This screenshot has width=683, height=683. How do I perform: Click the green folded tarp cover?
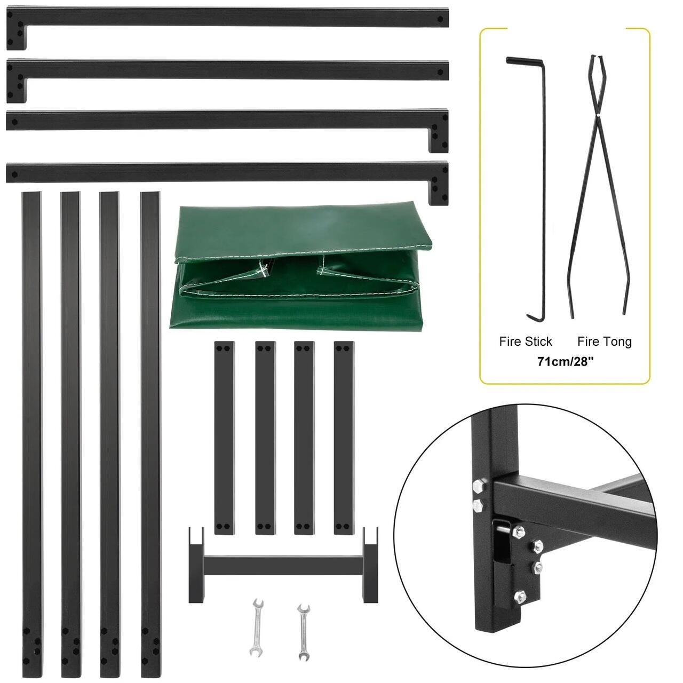tap(301, 269)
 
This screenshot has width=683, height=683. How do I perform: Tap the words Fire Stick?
tap(525, 341)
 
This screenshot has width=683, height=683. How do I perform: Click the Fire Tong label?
tap(605, 341)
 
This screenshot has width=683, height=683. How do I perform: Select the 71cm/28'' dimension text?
tap(565, 362)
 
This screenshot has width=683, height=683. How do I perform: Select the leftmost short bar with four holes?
tap(224, 438)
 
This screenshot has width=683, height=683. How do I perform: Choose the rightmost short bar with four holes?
tap(344, 438)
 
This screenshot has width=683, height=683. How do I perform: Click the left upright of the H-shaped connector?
tap(196, 565)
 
